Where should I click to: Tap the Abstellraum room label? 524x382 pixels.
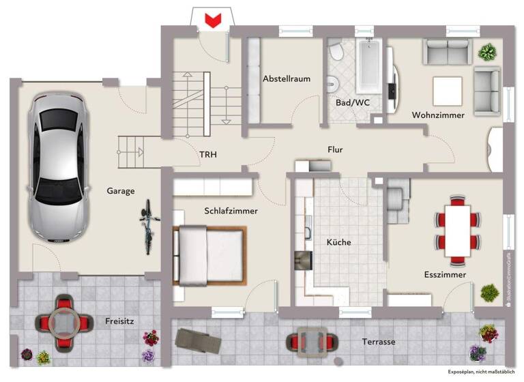tap(287, 78)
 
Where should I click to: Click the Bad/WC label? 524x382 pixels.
tap(352, 102)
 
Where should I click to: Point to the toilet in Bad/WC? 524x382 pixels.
tap(336, 53)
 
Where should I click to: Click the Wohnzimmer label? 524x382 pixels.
tap(438, 115)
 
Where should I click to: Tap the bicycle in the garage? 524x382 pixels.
tap(147, 226)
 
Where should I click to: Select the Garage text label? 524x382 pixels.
tap(120, 191)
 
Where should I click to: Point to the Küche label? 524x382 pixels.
tap(338, 242)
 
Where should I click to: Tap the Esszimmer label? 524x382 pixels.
tap(445, 274)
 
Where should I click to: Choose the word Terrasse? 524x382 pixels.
tap(377, 342)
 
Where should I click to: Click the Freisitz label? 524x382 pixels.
tap(119, 321)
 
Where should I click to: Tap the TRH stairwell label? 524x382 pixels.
tap(208, 155)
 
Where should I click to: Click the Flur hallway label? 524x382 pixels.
tap(335, 149)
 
